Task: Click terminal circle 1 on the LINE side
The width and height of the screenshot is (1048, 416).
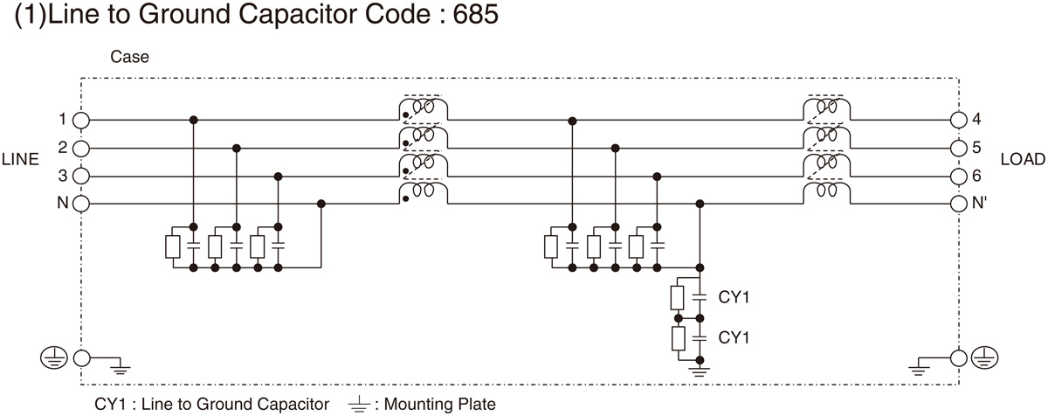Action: pyautogui.click(x=81, y=120)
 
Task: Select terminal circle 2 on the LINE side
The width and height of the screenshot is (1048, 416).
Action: pyautogui.click(x=81, y=148)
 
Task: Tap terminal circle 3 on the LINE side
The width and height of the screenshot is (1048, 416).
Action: pyautogui.click(x=81, y=176)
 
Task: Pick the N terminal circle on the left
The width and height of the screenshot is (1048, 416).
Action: pyautogui.click(x=81, y=204)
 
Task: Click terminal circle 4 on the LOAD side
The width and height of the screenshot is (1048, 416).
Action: pyautogui.click(x=958, y=120)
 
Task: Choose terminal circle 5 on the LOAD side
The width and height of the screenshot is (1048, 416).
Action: pyautogui.click(x=958, y=148)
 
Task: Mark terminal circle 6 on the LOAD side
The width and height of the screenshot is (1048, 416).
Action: pyautogui.click(x=958, y=176)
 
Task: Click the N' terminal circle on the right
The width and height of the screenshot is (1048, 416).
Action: pyautogui.click(x=958, y=204)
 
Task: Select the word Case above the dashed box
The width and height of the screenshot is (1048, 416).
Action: pyautogui.click(x=129, y=58)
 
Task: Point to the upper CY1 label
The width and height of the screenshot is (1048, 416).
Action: pyautogui.click(x=734, y=298)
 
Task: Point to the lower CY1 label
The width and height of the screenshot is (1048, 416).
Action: pyautogui.click(x=734, y=336)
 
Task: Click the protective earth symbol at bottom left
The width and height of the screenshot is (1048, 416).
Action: pyautogui.click(x=52, y=357)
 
